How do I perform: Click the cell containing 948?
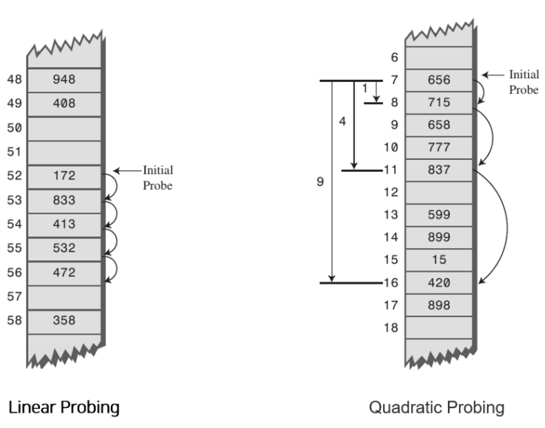[64, 80]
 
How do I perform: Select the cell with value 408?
[64, 104]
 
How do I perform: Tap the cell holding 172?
[64, 176]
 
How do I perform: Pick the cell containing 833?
[64, 201]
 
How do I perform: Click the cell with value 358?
[64, 320]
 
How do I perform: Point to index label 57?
[14, 296]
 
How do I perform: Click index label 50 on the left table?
[14, 128]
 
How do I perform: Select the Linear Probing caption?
[63, 407]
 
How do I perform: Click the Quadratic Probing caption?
[436, 407]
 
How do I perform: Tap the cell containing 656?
[438, 80]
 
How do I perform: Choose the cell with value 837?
[438, 170]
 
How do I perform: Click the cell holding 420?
[438, 282]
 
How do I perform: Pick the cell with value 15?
[438, 260]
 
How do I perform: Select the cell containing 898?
[438, 305]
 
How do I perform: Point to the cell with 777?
[438, 147]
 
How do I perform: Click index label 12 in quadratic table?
[391, 192]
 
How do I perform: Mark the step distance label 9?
[319, 182]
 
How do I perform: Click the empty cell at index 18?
[438, 327]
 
